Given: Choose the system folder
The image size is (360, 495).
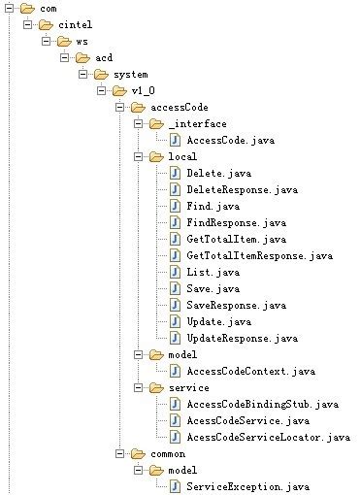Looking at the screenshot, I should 131,74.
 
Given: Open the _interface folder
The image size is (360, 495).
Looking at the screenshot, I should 196,123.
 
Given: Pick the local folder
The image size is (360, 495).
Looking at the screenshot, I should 182,156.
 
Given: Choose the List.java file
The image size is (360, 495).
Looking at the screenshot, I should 208,272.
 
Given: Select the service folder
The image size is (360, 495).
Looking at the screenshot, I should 188,387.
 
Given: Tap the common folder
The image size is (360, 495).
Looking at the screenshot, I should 158,453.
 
